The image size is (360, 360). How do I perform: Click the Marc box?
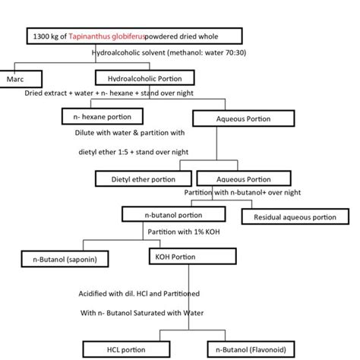click(21, 77)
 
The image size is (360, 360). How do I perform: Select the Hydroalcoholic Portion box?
click(145, 77)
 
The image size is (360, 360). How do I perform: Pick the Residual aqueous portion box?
click(289, 217)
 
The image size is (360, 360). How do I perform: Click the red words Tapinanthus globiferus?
click(110, 36)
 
